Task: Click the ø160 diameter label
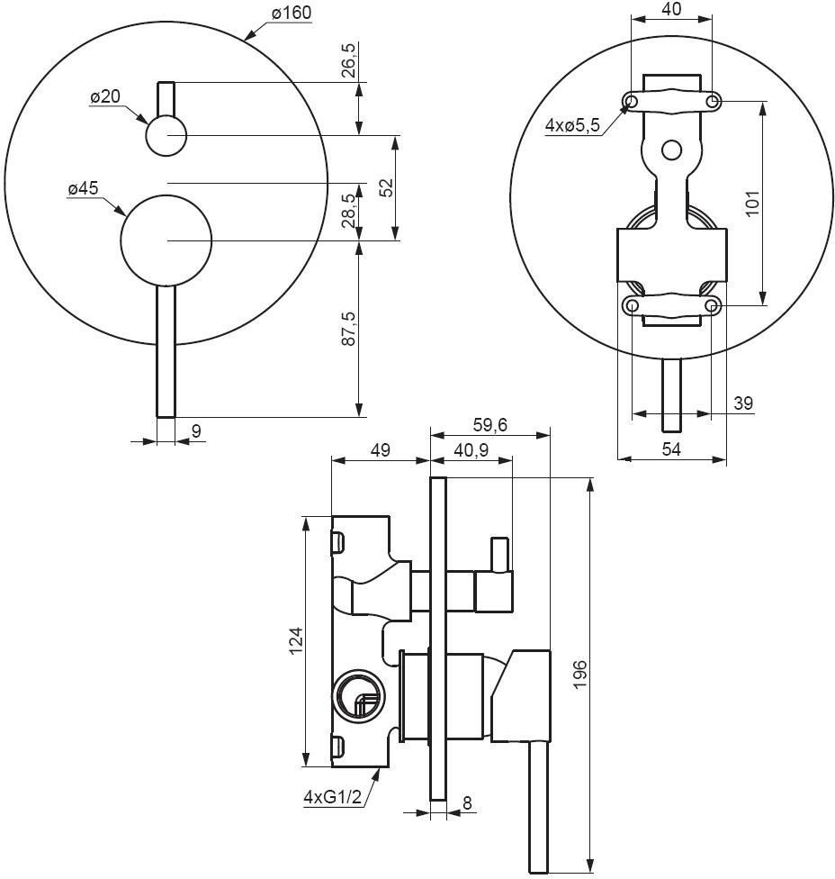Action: (290, 14)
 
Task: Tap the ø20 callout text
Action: (104, 96)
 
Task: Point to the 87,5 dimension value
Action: (348, 329)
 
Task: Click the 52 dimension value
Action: (386, 187)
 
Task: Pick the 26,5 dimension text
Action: (348, 59)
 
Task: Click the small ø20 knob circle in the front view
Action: (166, 137)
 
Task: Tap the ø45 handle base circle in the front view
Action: (166, 240)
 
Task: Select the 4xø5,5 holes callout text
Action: (572, 126)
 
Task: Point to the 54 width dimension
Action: (671, 449)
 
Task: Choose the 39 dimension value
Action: (742, 403)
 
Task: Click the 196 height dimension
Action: (579, 675)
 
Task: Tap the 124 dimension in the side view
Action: (296, 641)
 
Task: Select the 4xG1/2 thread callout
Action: (332, 796)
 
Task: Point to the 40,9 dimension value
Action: (470, 449)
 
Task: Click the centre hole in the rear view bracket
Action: (671, 150)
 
